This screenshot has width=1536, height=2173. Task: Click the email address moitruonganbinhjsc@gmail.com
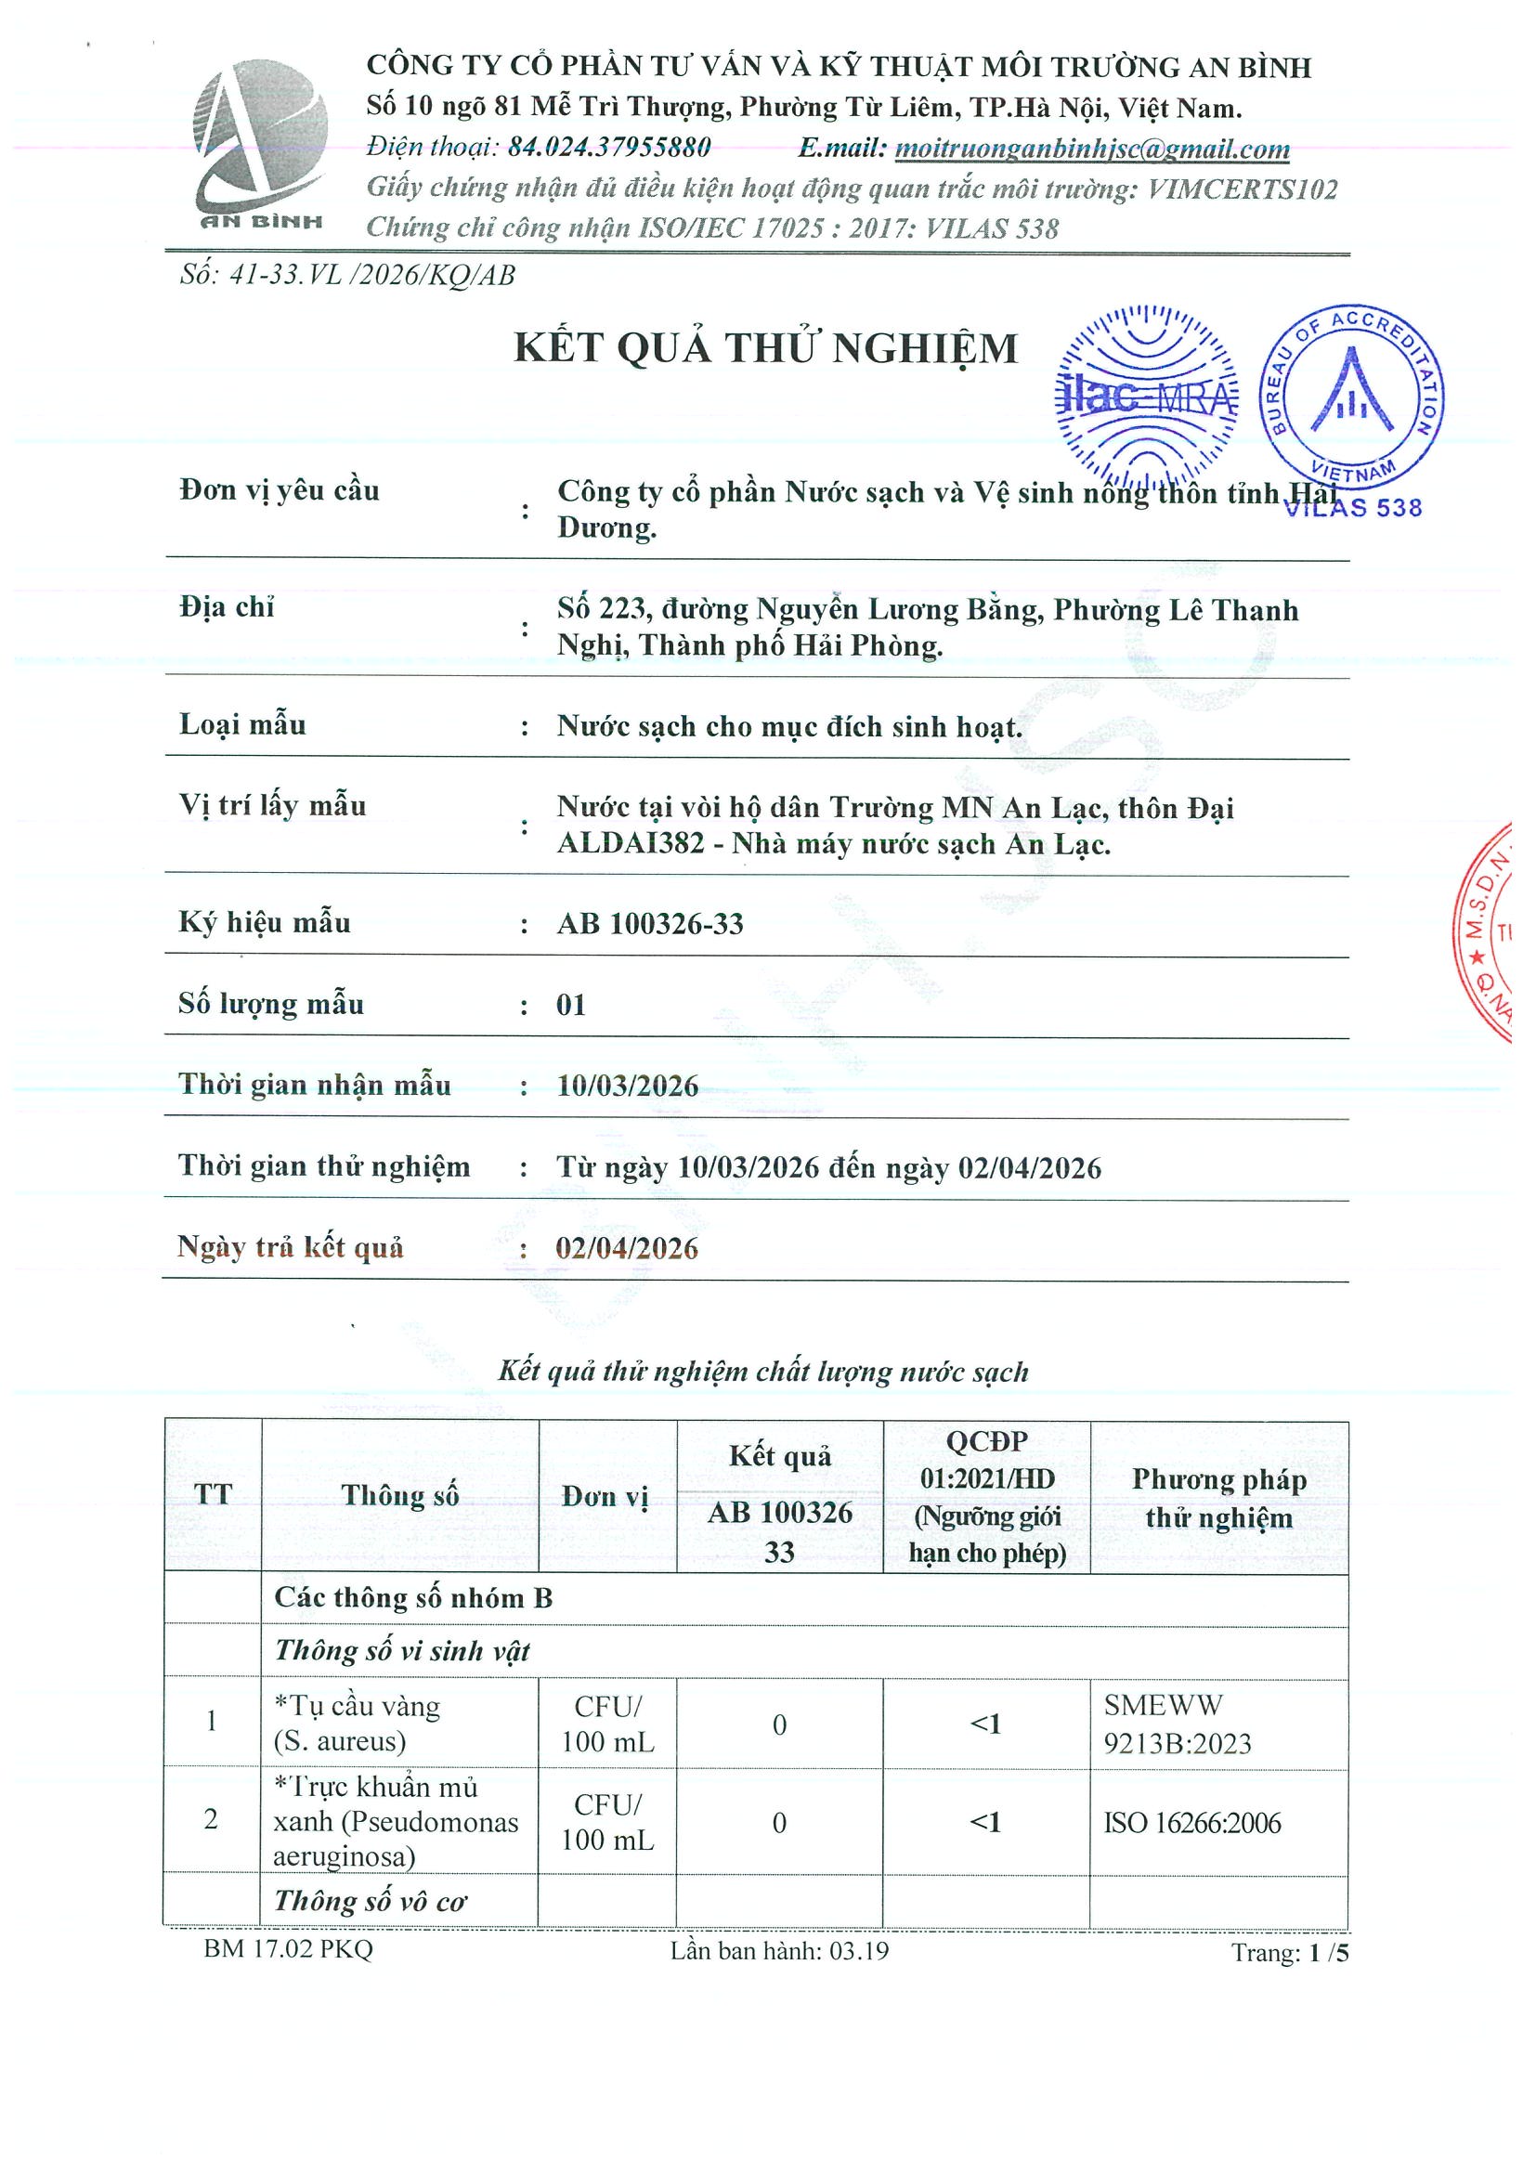click(1091, 149)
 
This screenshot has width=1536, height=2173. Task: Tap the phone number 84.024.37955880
click(608, 148)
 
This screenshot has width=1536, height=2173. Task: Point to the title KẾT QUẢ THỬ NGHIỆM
click(764, 349)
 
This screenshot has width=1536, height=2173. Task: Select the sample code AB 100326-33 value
click(649, 924)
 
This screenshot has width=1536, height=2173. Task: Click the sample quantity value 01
click(571, 1005)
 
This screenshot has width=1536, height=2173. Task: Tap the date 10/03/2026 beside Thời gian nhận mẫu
click(627, 1086)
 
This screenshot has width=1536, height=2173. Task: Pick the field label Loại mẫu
click(242, 725)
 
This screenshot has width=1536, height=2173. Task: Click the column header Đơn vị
click(605, 1496)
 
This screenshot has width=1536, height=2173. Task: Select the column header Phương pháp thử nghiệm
click(1218, 1498)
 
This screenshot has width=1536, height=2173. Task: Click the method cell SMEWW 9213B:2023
click(1177, 1724)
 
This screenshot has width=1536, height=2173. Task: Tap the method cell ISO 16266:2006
click(1191, 1823)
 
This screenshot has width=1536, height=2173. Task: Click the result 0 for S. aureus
click(779, 1725)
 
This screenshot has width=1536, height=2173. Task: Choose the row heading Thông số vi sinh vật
click(401, 1651)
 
